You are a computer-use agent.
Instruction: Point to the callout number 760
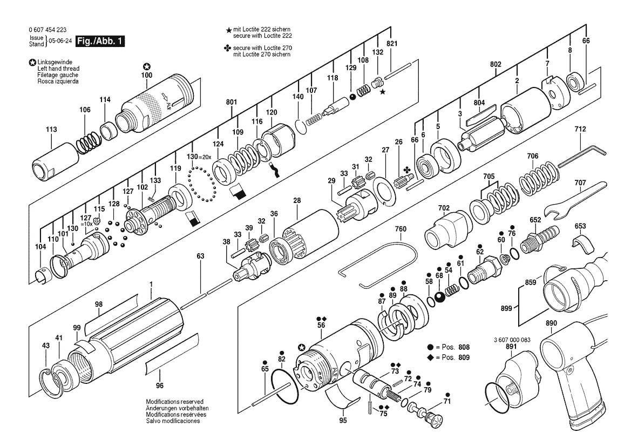pos(400,229)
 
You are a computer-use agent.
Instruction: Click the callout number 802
pos(495,64)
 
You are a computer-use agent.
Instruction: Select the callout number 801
pos(232,102)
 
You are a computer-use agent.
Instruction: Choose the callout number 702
pos(443,207)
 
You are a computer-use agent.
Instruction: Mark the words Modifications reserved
pos(174,402)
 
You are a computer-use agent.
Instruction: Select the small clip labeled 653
pos(580,244)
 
